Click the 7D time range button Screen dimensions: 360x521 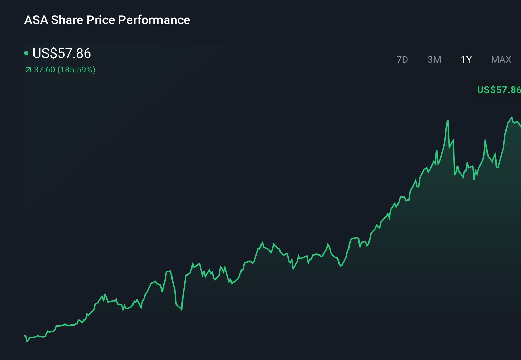tap(402, 60)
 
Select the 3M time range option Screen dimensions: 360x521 tap(434, 60)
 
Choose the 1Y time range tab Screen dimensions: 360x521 tap(466, 60)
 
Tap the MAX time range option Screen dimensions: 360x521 tap(501, 60)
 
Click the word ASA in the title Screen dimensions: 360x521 tap(36, 20)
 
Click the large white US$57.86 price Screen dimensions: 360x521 tap(61, 53)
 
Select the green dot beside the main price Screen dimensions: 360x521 tap(26, 53)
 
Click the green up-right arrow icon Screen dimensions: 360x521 tap(28, 70)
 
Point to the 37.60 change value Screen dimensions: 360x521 tap(45, 70)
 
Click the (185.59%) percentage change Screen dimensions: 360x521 tap(76, 70)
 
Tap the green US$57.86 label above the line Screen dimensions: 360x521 tap(498, 90)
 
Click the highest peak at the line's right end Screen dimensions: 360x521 tap(511, 117)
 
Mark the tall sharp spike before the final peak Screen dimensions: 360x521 tap(448, 120)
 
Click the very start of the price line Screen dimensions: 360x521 tap(25, 336)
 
